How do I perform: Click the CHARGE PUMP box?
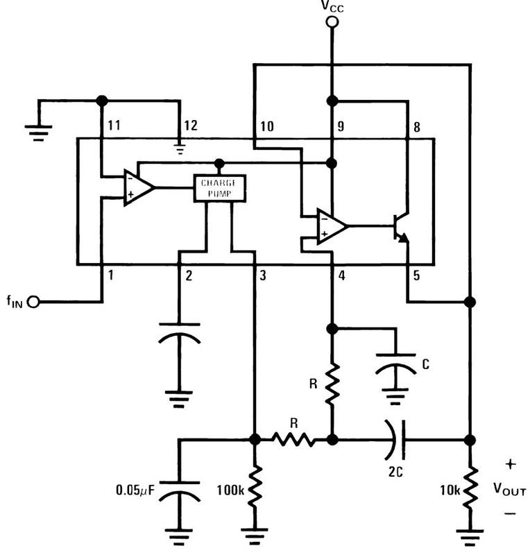[x=219, y=188]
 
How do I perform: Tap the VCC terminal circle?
[x=332, y=22]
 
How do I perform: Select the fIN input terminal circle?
[x=33, y=302]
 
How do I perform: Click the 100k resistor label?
[x=230, y=490]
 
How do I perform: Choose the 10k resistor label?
[x=450, y=490]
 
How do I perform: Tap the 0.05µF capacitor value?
[x=135, y=490]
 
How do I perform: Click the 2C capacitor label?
[x=395, y=472]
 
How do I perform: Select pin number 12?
[x=191, y=126]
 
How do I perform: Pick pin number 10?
[x=267, y=126]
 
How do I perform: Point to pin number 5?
[x=417, y=275]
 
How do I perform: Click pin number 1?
[x=111, y=275]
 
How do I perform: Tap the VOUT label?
[x=510, y=489]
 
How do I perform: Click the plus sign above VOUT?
[x=511, y=464]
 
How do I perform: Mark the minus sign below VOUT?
[x=510, y=513]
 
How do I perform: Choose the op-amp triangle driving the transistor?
[x=332, y=227]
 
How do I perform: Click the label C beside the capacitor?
[x=425, y=364]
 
